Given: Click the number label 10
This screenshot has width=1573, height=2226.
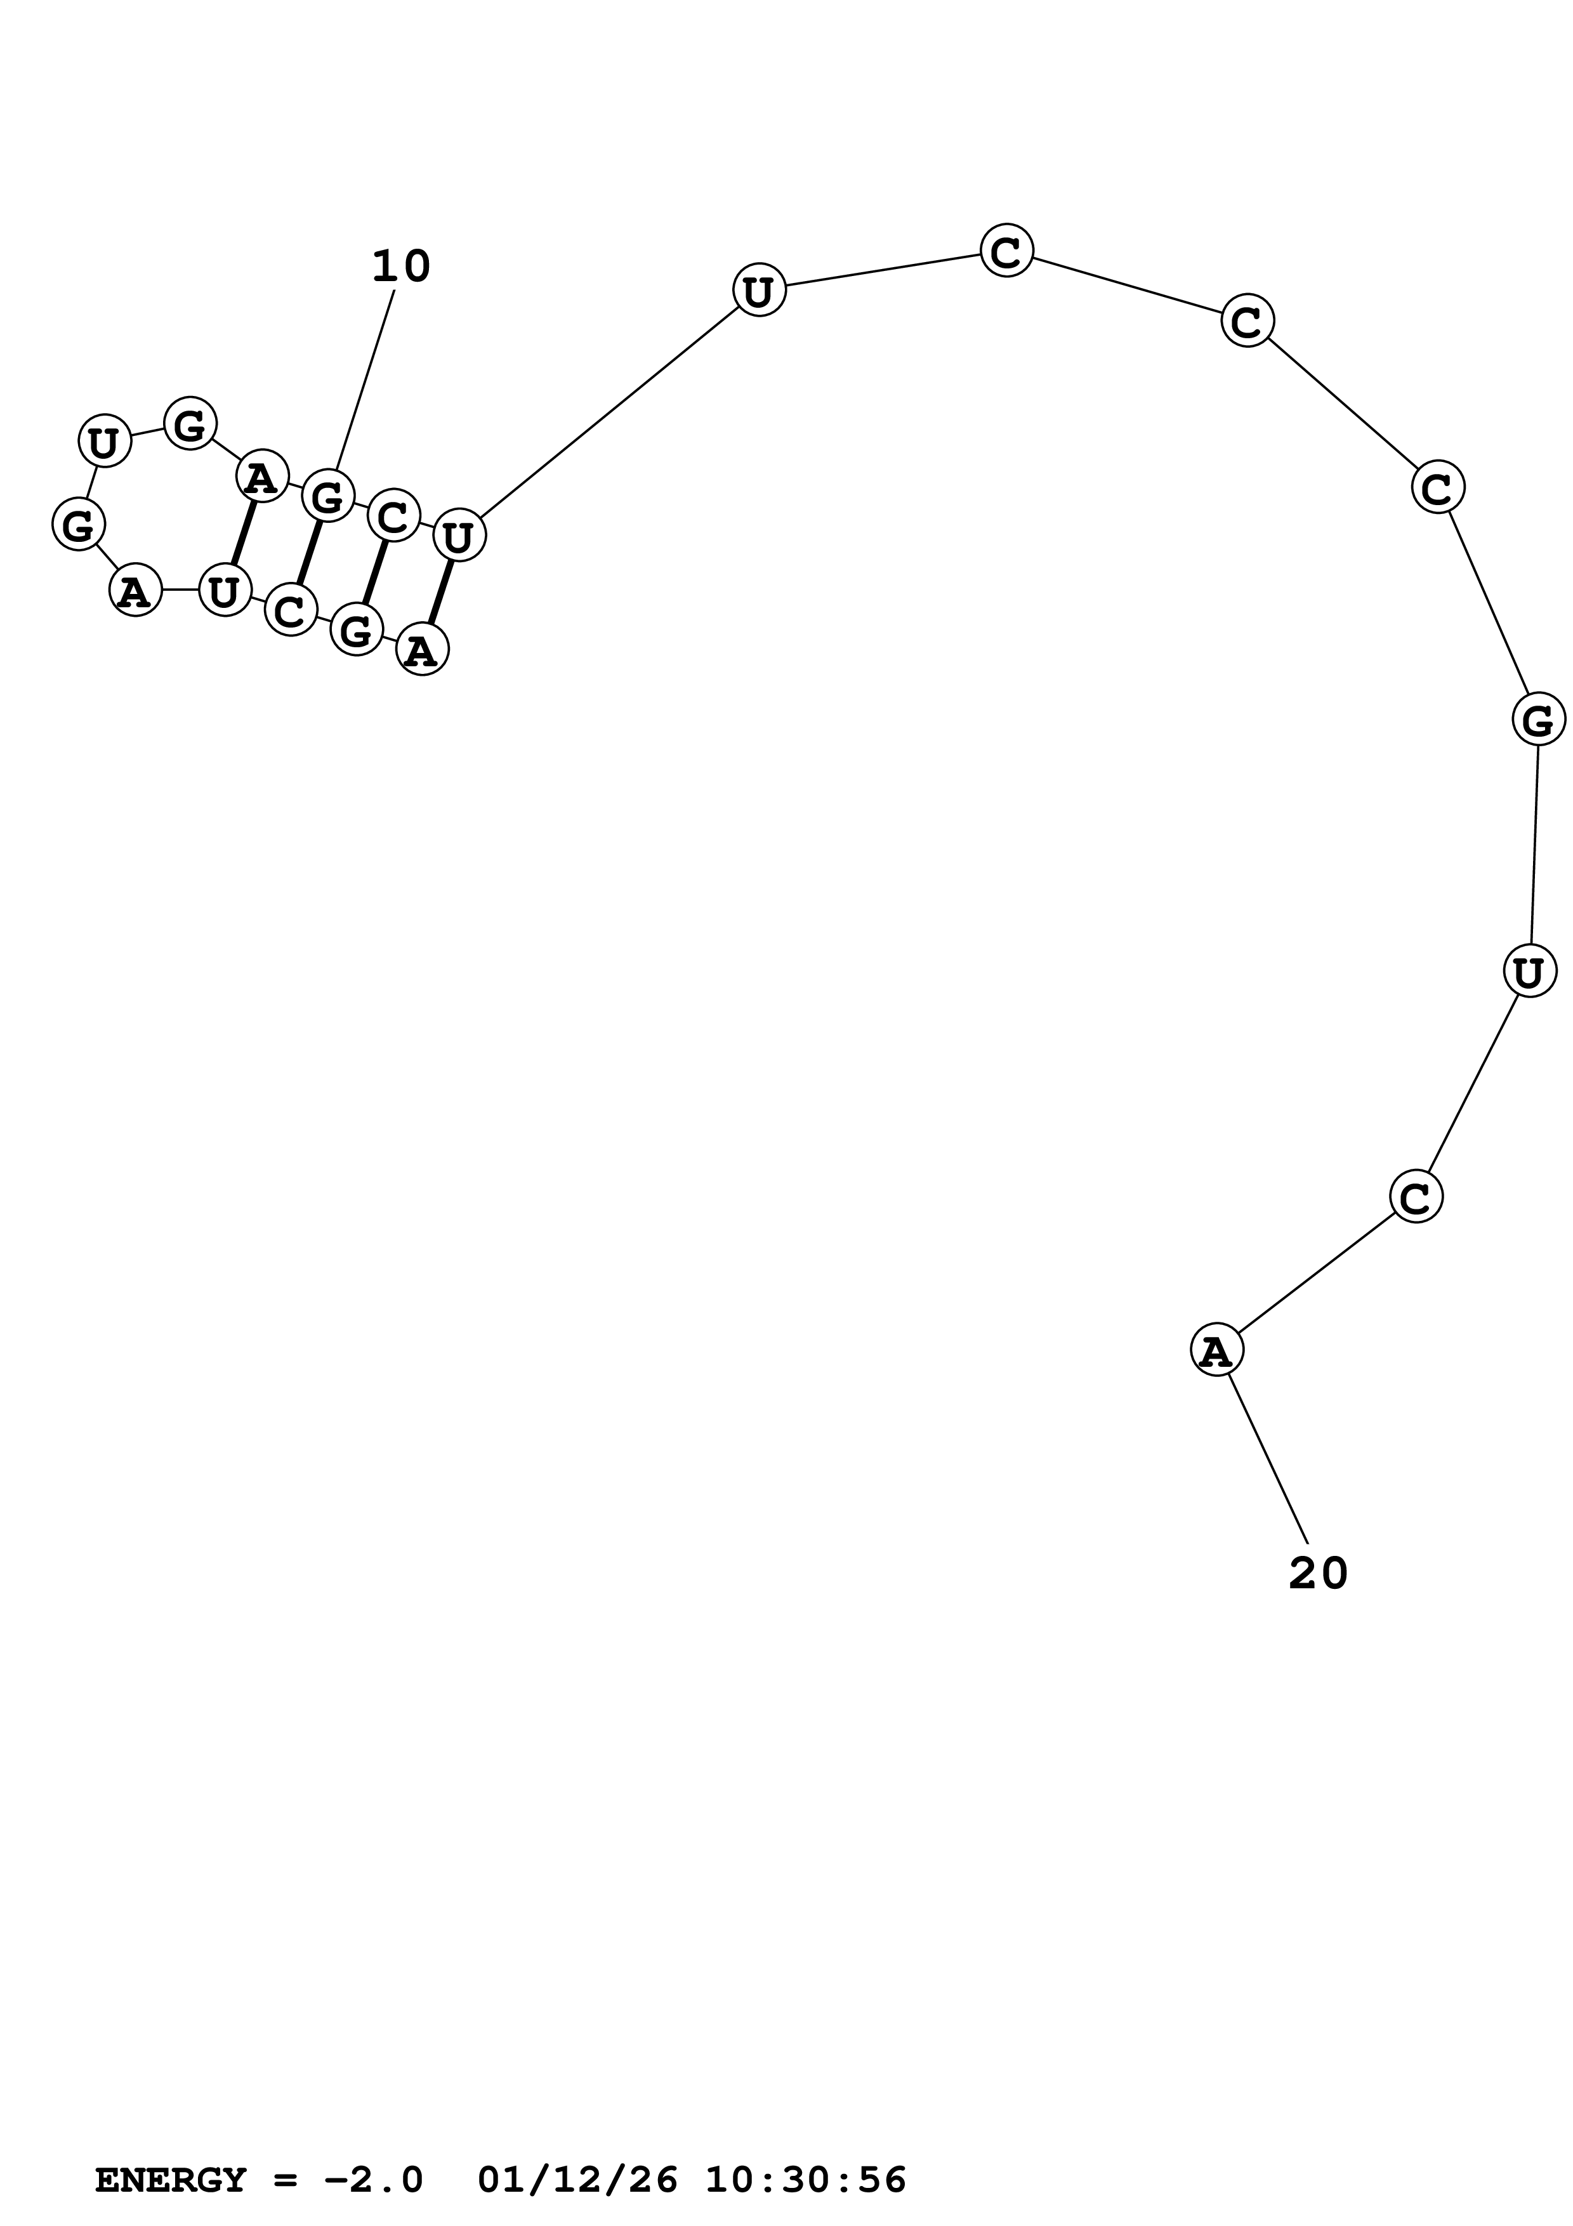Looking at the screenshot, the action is click(400, 267).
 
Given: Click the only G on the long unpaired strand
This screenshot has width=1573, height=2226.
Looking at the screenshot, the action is click(1537, 720).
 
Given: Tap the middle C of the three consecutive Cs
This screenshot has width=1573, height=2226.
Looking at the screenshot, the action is click(1246, 321).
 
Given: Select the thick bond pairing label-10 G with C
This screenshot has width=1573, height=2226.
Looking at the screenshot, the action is click(309, 553).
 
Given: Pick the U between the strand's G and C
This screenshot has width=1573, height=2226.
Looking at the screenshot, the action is click(1529, 970).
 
